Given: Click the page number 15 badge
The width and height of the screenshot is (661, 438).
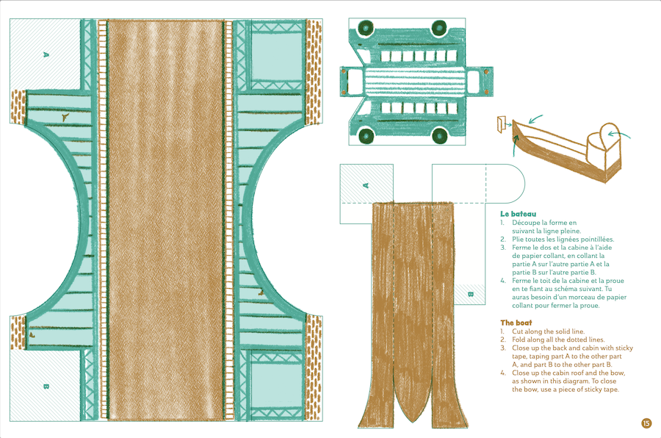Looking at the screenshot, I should tap(646, 423).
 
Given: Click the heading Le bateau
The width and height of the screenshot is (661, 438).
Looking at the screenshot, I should tap(518, 214).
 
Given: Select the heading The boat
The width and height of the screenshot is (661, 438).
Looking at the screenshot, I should tap(516, 323).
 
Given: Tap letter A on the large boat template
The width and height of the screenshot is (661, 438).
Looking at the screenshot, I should tap(46, 54).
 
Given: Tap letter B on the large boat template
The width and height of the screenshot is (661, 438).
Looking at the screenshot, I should tap(46, 385).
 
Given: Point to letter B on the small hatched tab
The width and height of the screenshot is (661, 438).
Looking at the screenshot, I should tap(471, 294).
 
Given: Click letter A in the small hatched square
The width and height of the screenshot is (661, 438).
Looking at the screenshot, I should tap(365, 186).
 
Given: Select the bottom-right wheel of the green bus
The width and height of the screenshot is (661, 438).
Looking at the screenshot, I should tap(439, 135).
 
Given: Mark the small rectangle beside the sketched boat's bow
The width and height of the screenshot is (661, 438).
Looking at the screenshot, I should tap(504, 124).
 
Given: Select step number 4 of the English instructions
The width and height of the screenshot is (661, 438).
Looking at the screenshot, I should tap(503, 373).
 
